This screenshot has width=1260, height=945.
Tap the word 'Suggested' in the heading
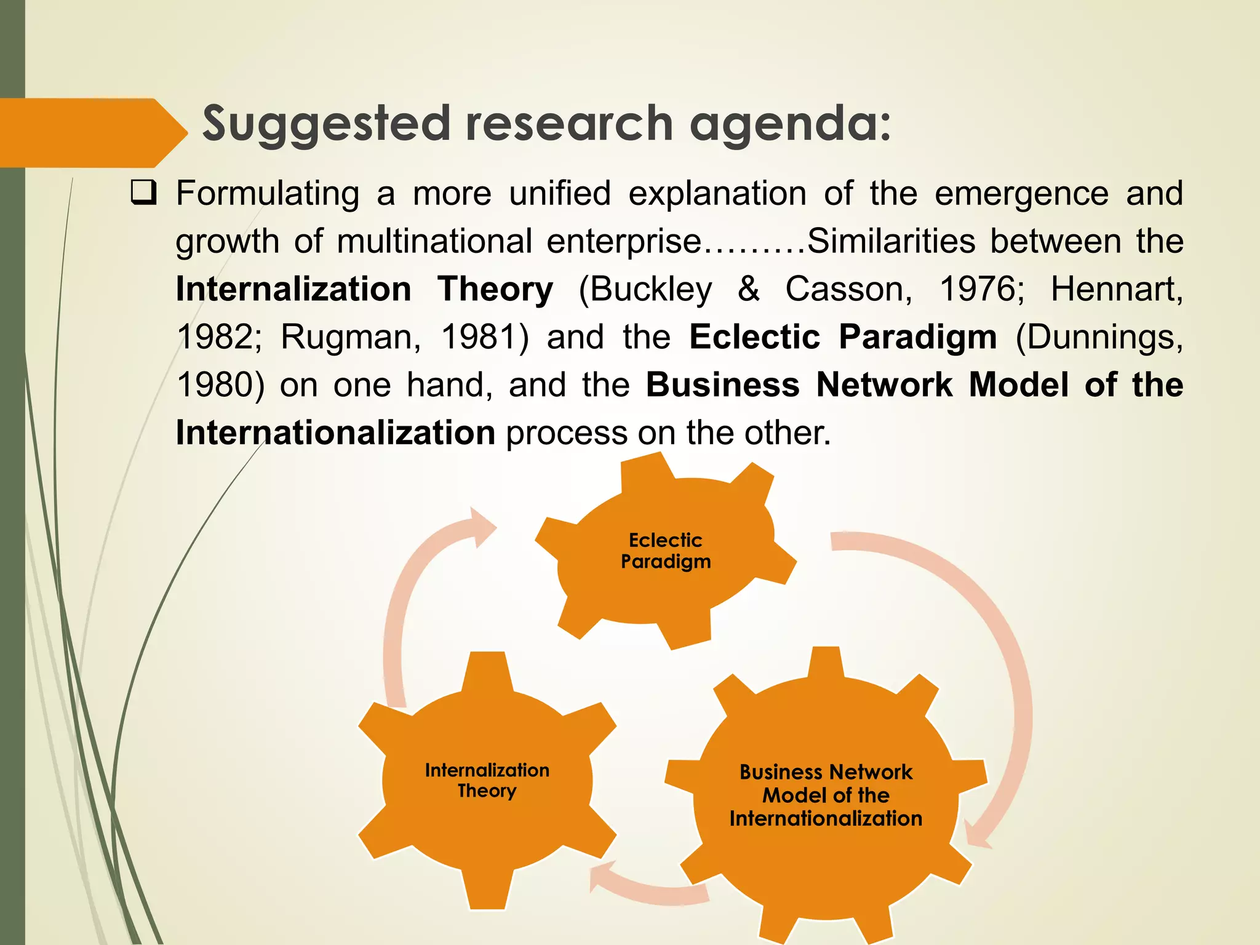(x=327, y=124)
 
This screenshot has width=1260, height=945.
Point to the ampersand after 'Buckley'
(x=749, y=289)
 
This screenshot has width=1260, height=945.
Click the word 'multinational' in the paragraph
(x=434, y=241)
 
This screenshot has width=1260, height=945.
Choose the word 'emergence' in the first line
(x=1021, y=193)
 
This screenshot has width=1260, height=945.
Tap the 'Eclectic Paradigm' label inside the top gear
(x=666, y=551)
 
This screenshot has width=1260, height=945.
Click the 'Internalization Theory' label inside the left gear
(x=487, y=780)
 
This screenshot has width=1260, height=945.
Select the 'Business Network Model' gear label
(x=826, y=795)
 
